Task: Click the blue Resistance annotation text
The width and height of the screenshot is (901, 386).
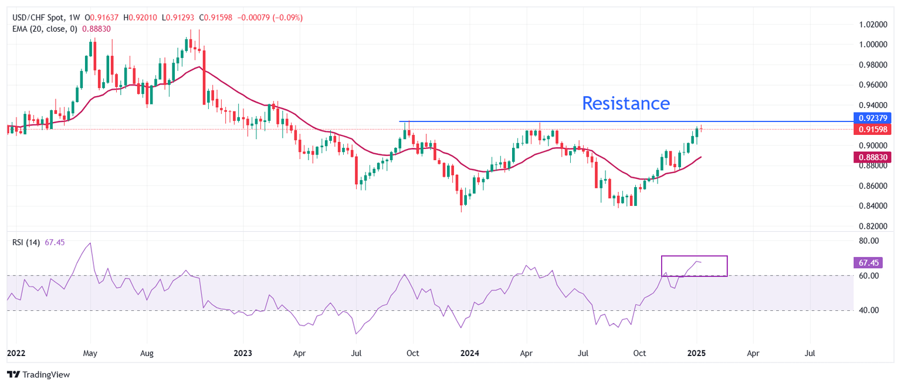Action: [x=625, y=103]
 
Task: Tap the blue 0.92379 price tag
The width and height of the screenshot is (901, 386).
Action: [x=873, y=118]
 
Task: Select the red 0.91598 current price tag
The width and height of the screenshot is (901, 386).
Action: [x=873, y=129]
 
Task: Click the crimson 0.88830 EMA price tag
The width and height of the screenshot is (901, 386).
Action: [x=873, y=157]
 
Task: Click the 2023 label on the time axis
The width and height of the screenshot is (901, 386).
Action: [x=243, y=354]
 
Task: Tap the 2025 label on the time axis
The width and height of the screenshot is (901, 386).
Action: [x=697, y=354]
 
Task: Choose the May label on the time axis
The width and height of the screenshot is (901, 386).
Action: [x=90, y=354]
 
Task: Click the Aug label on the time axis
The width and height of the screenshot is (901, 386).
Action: [x=147, y=354]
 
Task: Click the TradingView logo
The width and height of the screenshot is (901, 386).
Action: [x=42, y=374]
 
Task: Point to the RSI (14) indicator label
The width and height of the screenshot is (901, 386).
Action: [x=26, y=243]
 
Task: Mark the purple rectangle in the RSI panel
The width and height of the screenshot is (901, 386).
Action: [x=694, y=266]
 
